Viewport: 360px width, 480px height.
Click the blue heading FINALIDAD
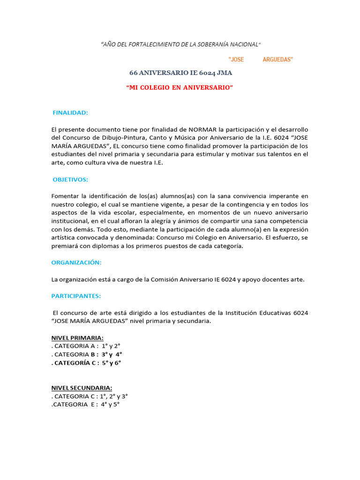click(70, 113)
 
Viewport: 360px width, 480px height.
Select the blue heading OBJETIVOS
click(70, 180)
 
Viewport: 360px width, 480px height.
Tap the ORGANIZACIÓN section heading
click(76, 262)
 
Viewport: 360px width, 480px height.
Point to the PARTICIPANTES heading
click(76, 296)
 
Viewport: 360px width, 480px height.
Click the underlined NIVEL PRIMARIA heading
click(77, 338)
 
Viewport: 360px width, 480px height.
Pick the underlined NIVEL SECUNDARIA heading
click(82, 388)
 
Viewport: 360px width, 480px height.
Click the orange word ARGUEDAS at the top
click(278, 60)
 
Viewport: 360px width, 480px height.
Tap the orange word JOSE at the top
click(236, 60)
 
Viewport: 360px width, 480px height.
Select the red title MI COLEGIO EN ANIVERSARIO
click(180, 88)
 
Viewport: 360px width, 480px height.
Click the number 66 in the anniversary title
click(134, 73)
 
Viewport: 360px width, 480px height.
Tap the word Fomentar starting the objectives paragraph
click(66, 196)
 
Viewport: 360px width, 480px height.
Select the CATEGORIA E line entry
click(85, 404)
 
